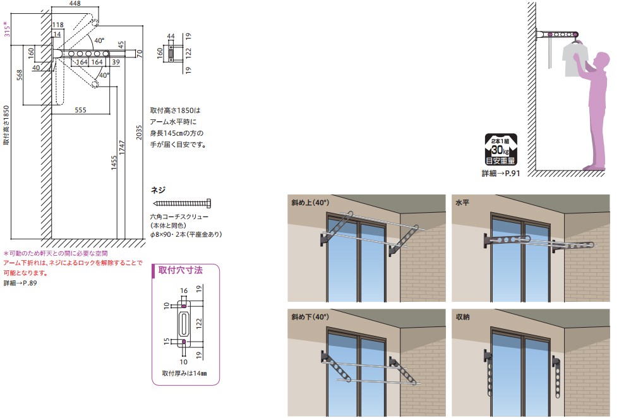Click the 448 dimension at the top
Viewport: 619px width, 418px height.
point(75,4)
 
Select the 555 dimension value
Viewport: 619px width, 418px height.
point(80,110)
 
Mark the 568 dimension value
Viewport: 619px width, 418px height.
point(20,75)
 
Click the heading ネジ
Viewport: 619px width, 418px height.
point(158,189)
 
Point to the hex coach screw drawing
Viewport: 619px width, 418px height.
point(183,203)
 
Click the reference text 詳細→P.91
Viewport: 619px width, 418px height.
point(500,172)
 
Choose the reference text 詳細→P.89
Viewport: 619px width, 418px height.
point(20,284)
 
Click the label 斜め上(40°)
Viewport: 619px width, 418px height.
point(310,204)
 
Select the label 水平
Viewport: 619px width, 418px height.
point(464,204)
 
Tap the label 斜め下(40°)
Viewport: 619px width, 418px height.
point(310,317)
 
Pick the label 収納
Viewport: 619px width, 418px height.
point(464,317)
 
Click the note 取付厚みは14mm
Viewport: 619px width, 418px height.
point(185,373)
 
